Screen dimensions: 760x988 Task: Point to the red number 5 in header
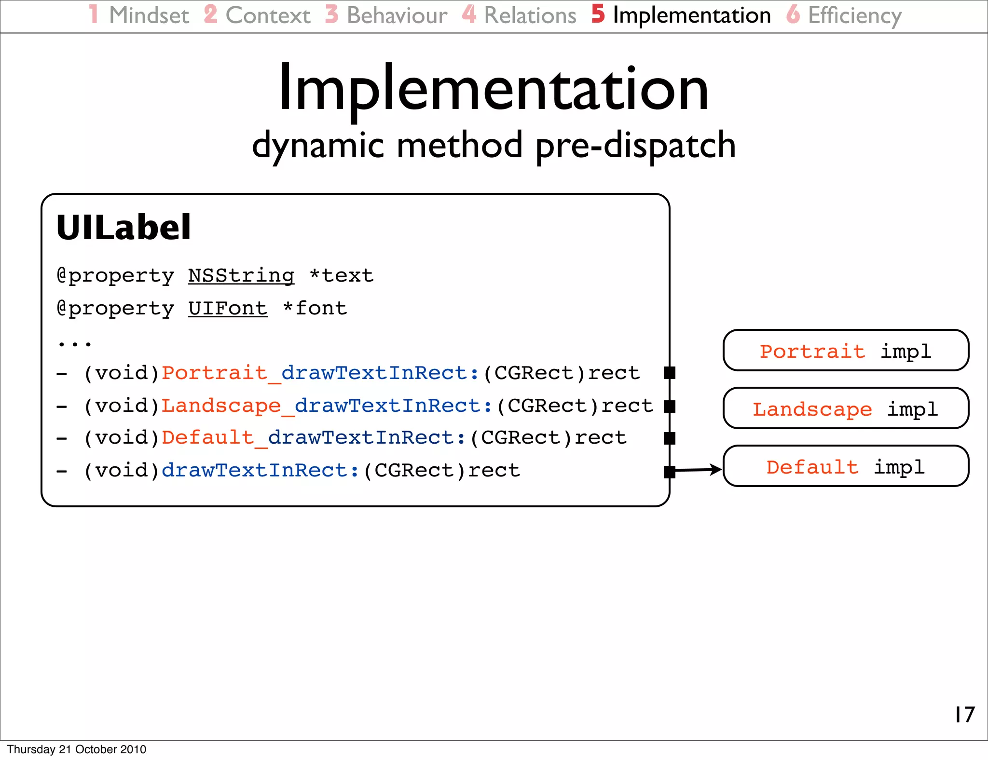coord(598,14)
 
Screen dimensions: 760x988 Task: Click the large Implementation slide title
coord(494,89)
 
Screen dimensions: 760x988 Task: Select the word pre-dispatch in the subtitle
coord(635,146)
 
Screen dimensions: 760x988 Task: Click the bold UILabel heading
coord(123,228)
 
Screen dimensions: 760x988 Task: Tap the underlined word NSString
coord(241,276)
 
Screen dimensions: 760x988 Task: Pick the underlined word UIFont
coord(228,309)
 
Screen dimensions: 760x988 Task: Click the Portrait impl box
coord(846,351)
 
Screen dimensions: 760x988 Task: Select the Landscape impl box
coord(846,408)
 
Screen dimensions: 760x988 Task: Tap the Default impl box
coord(846,466)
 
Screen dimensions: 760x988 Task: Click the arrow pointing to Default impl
coord(697,469)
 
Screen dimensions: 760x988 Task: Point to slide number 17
coord(964,715)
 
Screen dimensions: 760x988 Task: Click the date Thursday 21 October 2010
coord(76,749)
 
